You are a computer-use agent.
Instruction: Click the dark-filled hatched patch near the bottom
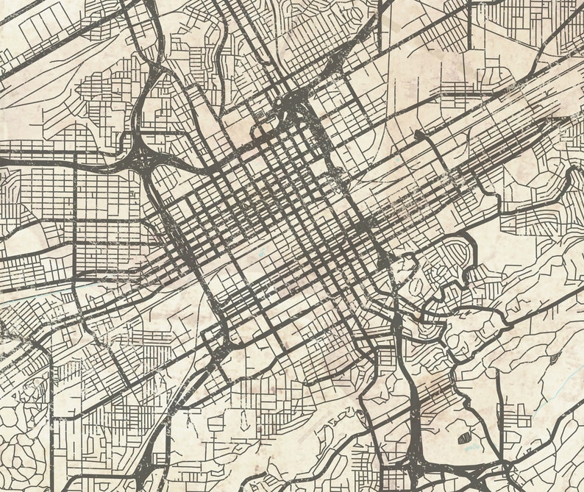tap(466, 438)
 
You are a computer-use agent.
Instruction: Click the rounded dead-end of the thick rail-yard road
tap(418, 135)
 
